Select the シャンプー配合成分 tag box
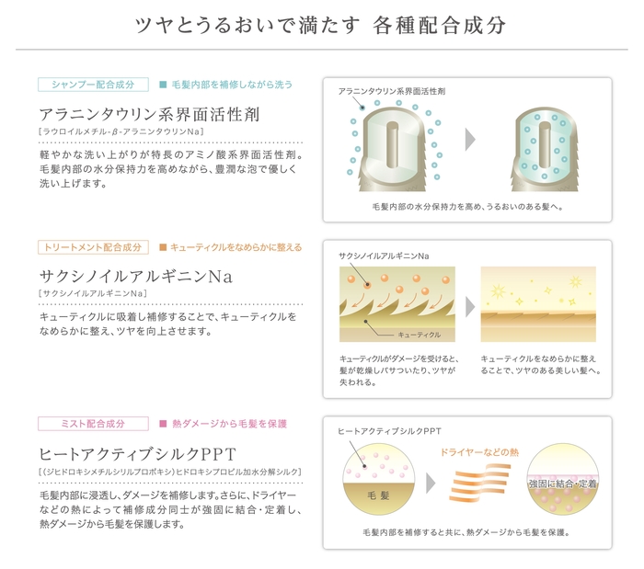93,85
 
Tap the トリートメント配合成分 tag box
93,247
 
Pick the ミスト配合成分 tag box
93,424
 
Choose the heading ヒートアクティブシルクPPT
138,453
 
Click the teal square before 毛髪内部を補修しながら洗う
163,85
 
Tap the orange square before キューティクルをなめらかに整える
163,247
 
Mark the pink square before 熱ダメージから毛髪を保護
163,424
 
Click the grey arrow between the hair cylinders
471,140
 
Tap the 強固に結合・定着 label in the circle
562,483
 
